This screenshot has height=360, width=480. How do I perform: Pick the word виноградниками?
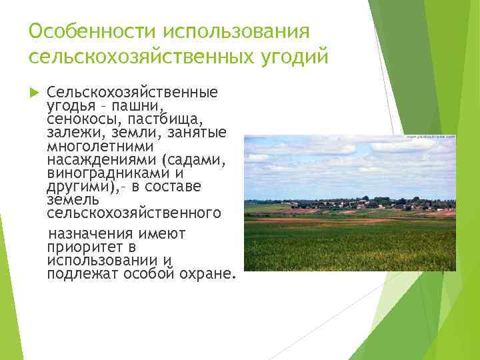106,173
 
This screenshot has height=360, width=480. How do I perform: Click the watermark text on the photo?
431,137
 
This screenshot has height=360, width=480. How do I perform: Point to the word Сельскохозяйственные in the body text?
132,92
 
